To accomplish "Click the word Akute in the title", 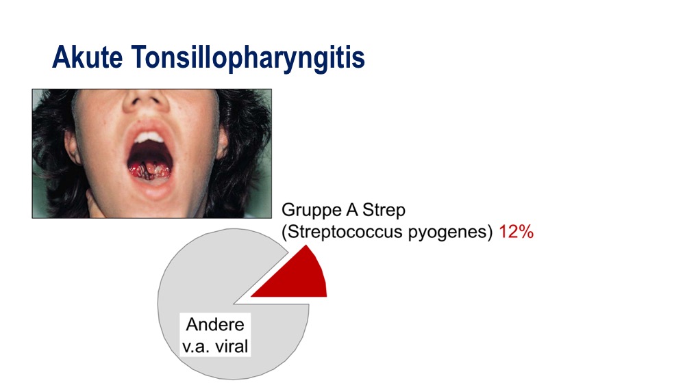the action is point(88,57).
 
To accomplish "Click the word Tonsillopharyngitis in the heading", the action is point(248,59).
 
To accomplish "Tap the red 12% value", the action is point(516,232).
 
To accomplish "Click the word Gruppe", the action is point(311,211).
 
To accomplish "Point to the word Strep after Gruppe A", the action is point(384,211).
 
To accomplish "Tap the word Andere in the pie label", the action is point(215,324).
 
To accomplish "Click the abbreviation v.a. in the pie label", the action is point(196,347).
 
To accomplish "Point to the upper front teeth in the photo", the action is point(149,137).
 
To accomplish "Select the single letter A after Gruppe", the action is point(351,210).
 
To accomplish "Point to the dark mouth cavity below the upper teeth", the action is point(149,152).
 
